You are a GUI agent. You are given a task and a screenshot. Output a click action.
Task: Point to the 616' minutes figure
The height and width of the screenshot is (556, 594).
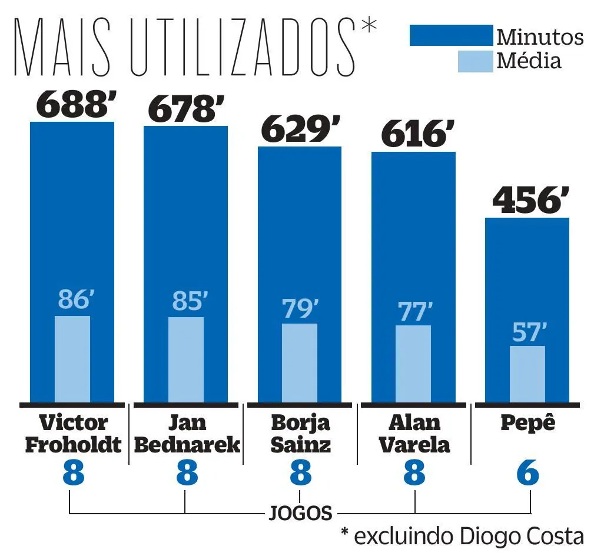click(414, 134)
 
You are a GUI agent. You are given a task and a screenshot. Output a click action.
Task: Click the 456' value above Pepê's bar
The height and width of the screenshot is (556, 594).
click(527, 201)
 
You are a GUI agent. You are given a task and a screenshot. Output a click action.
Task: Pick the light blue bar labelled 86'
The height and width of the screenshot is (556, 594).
click(72, 359)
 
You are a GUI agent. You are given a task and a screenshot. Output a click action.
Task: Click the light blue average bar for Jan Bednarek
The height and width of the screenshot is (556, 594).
click(186, 359)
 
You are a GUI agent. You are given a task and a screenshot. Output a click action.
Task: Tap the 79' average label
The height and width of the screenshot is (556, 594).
click(300, 309)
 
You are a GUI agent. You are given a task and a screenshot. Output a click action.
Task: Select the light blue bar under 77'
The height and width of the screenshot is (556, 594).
click(413, 363)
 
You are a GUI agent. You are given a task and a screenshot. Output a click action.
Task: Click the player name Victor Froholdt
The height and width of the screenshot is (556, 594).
click(73, 434)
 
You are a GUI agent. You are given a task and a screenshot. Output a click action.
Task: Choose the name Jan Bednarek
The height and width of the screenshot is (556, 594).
click(187, 434)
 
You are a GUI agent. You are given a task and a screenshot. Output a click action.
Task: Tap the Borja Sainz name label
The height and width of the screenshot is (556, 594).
click(301, 434)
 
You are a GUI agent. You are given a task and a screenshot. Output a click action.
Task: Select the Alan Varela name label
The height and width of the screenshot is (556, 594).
click(414, 434)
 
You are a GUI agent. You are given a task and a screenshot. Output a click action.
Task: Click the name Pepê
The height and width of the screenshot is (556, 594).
click(528, 423)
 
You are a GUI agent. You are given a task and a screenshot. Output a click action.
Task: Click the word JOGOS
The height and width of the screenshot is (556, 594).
click(300, 513)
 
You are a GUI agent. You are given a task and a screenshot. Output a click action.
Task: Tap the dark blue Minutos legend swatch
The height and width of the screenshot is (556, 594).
click(451, 35)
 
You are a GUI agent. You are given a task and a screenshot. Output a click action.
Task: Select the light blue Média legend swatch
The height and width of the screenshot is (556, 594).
click(475, 61)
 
